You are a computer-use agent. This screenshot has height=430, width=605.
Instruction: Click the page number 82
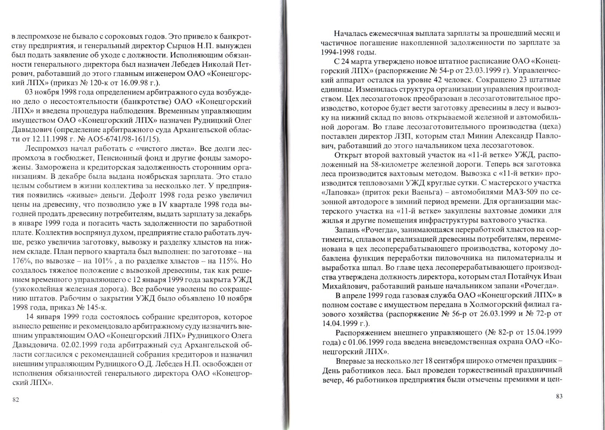[x=16, y=400]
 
